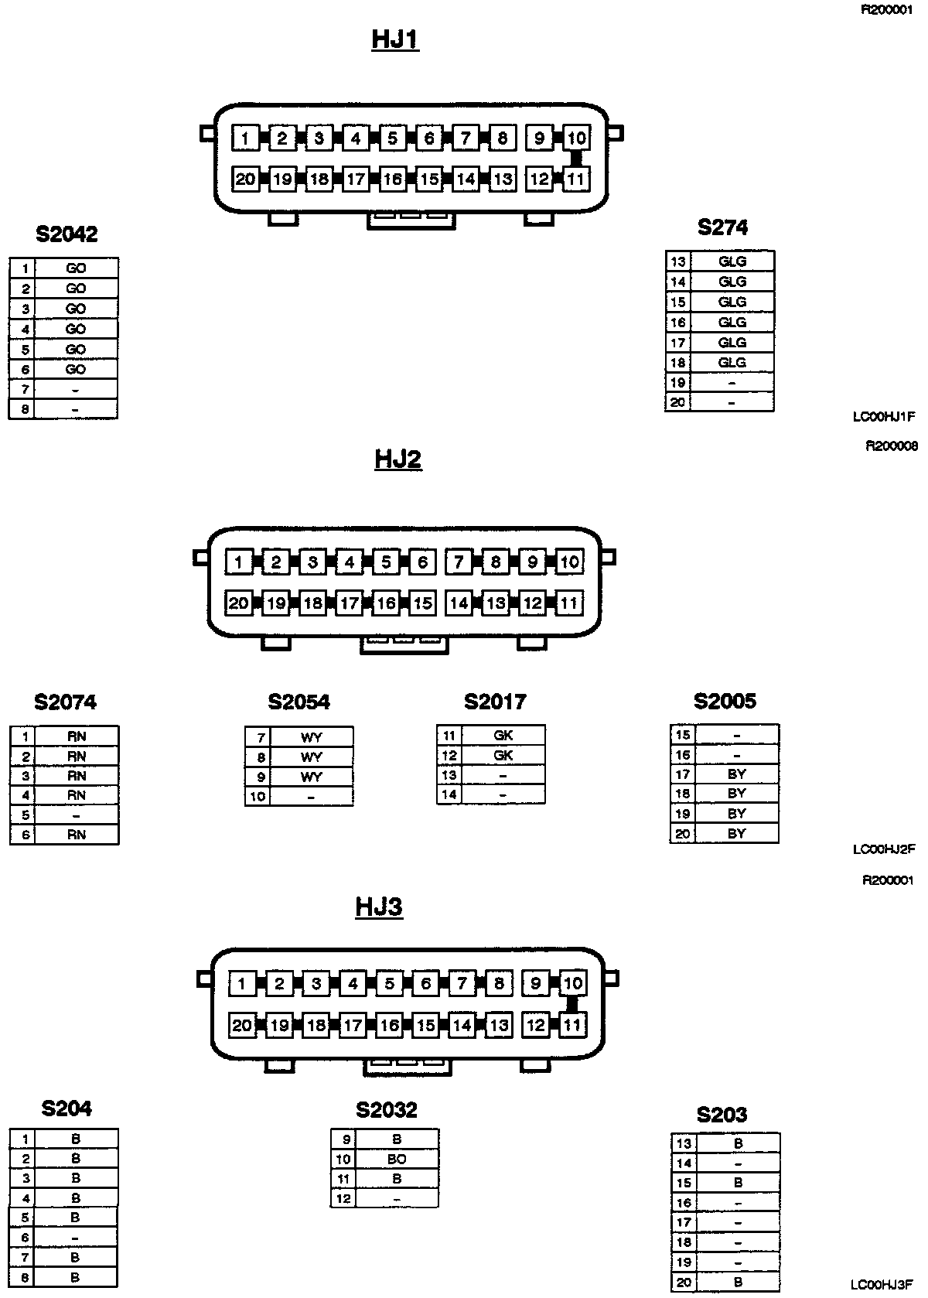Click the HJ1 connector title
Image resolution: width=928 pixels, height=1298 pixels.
coord(395,39)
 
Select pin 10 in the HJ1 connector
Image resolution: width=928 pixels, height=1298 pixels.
coord(576,138)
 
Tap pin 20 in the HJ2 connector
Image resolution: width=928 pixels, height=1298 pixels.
coord(238,603)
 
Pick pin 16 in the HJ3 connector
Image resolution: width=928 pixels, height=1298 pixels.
coord(389,1025)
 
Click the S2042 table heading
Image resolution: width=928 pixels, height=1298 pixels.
coord(67,234)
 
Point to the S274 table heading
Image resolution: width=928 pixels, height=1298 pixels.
coord(722,227)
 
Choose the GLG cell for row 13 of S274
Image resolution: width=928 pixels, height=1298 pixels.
coord(732,261)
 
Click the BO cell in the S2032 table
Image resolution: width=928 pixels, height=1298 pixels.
coord(396,1159)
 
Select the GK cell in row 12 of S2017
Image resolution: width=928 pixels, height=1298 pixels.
coord(503,755)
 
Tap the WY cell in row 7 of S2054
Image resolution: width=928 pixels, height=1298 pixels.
coord(311,737)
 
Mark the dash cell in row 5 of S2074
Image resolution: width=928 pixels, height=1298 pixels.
coord(76,815)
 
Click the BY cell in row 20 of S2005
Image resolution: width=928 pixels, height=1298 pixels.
coord(736,833)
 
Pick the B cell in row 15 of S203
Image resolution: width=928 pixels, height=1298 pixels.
coord(738,1183)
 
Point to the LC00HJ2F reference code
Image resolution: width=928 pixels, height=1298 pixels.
coord(884,849)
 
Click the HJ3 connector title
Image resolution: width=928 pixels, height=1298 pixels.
coord(379,906)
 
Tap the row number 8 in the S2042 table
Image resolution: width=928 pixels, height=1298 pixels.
coord(25,409)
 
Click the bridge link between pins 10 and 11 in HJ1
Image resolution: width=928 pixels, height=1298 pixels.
coord(576,159)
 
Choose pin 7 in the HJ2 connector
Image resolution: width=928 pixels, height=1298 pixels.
coord(459,562)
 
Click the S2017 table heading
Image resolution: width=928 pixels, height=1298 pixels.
coord(495,702)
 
